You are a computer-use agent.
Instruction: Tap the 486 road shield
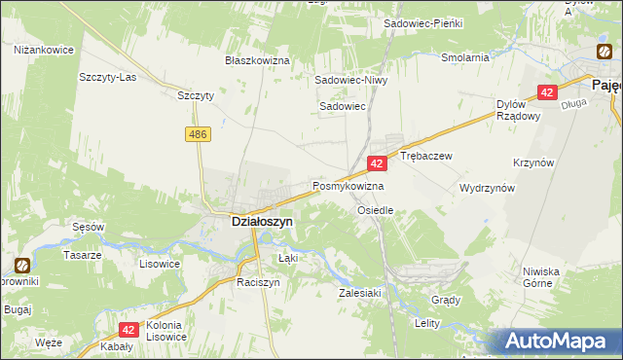[x=201, y=134]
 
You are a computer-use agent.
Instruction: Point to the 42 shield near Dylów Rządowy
[x=547, y=92]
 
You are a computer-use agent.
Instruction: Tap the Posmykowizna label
[x=348, y=185]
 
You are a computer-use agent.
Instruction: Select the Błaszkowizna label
[x=258, y=60]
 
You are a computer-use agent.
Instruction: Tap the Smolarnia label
[x=464, y=57]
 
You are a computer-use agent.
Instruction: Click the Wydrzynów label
[x=487, y=188]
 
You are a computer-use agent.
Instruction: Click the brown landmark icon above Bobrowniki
[x=22, y=264]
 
